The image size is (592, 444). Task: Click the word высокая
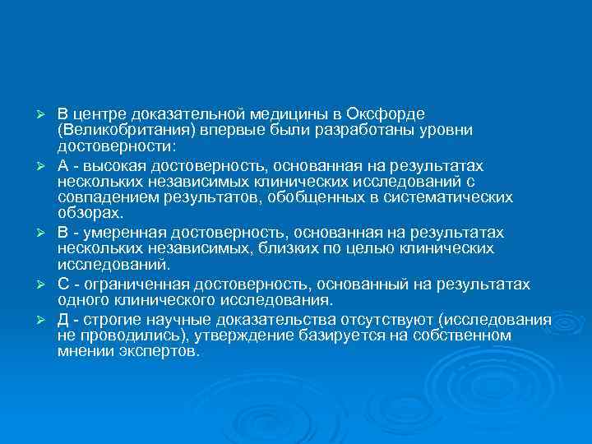108,165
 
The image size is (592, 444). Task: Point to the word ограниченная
127,284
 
